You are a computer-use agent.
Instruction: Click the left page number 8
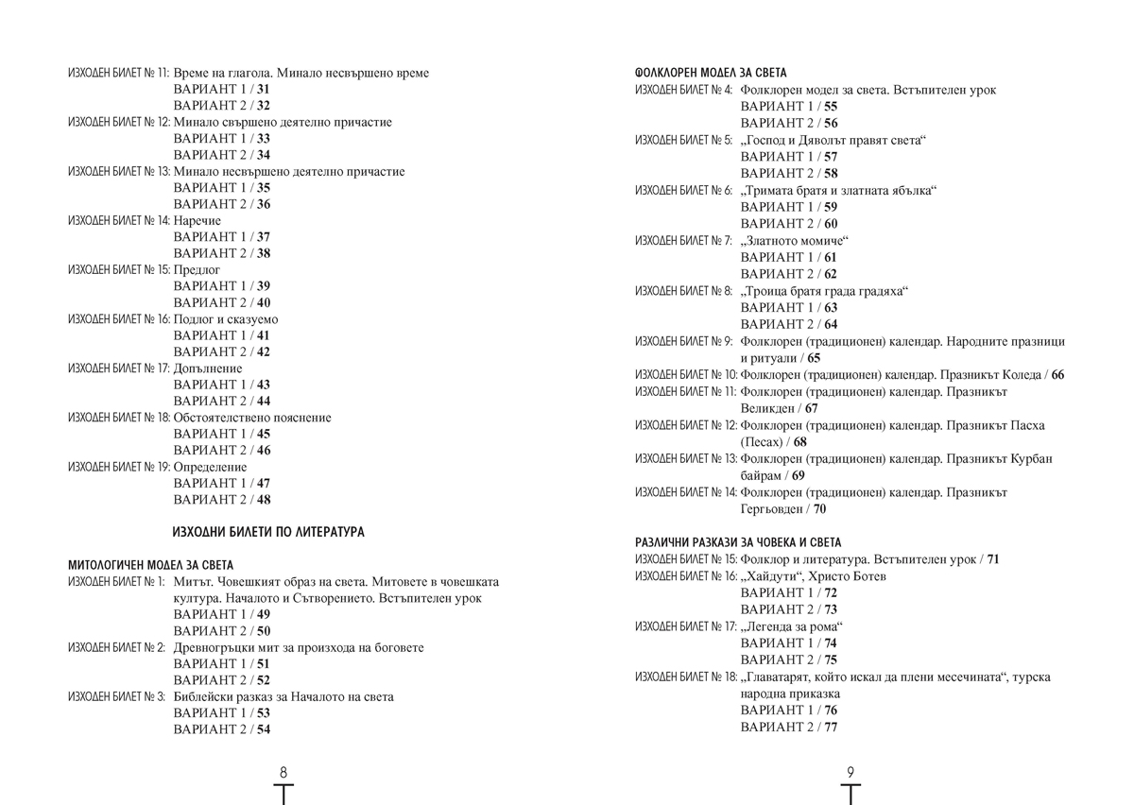tap(283, 772)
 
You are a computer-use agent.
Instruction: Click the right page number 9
tap(850, 772)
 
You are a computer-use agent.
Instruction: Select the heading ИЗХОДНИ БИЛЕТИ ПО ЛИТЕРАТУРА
tap(269, 533)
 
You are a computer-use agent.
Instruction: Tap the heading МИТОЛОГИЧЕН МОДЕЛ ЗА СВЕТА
tap(150, 565)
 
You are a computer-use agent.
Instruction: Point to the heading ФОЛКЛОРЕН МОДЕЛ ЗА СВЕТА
tap(712, 73)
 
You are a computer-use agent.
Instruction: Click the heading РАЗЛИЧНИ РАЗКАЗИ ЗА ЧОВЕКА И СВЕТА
tap(738, 542)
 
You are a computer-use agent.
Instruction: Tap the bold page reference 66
tap(1057, 375)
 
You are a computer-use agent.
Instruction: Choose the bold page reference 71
tap(992, 559)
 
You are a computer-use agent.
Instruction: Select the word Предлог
tap(198, 270)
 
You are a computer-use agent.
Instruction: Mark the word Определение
tap(211, 467)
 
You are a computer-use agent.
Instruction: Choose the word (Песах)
tap(764, 442)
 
